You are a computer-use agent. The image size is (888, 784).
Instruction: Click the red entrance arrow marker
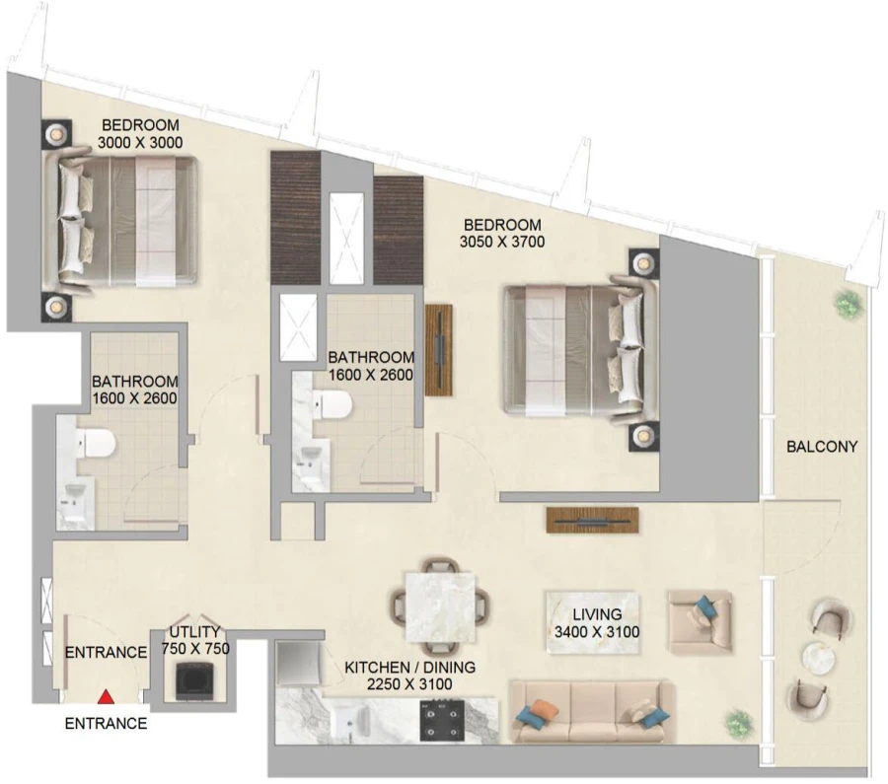click(x=107, y=698)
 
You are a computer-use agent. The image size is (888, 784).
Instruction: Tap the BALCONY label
click(x=822, y=447)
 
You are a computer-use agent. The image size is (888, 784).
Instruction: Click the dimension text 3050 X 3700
click(x=502, y=241)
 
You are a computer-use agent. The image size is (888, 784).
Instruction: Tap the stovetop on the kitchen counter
click(x=440, y=720)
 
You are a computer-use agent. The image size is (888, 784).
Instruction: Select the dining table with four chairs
click(x=439, y=602)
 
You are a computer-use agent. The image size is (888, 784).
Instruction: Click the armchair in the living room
click(x=699, y=621)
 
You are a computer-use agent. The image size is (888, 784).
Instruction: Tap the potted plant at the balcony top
click(x=847, y=305)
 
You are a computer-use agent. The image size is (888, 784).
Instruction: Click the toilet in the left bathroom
click(x=98, y=444)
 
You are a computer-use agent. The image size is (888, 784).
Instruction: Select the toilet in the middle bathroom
click(x=335, y=404)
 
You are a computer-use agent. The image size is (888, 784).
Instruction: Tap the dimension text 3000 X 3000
click(x=140, y=142)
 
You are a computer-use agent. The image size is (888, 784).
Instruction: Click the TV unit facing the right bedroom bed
click(x=438, y=350)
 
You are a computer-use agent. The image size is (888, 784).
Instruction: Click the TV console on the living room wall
click(x=593, y=519)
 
